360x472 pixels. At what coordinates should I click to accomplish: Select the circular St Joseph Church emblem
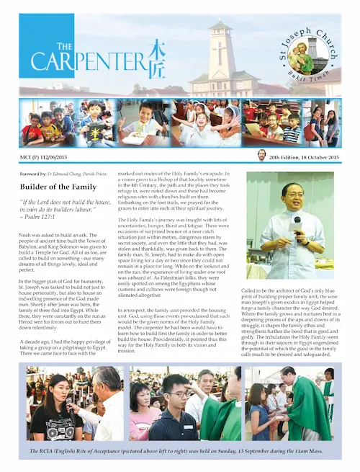(302, 57)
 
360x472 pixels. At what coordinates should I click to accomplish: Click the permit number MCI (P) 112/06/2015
(48, 156)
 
